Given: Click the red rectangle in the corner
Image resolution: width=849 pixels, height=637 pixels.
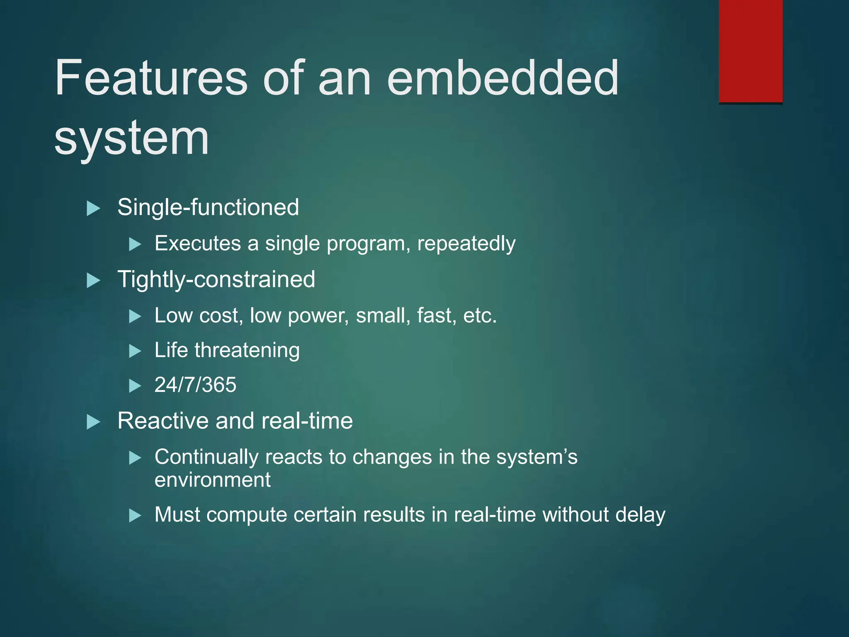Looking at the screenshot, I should (750, 51).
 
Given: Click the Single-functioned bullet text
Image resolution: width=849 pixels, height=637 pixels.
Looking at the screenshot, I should (208, 207).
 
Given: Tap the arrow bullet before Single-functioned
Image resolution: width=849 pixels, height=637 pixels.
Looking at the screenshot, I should (93, 208).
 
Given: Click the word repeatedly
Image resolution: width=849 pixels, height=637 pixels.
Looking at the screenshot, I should (466, 243).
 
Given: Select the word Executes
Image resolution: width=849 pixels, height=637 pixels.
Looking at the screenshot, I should (198, 243).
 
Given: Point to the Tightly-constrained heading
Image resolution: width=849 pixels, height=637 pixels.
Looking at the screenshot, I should (216, 279).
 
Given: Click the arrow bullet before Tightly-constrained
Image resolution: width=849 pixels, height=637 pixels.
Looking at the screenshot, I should (93, 281).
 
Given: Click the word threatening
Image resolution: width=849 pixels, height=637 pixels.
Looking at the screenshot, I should (247, 350).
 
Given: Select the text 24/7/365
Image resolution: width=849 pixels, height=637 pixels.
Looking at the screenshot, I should (195, 385).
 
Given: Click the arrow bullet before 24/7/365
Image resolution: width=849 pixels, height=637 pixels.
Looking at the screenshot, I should (135, 386).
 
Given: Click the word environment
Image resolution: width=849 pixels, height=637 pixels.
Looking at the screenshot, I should (212, 480).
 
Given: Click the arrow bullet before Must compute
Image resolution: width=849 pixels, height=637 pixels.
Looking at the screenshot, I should (135, 516).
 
